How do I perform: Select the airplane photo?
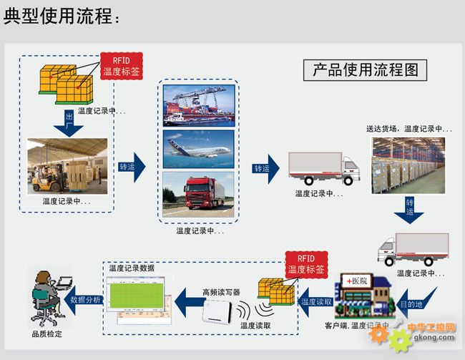pos(198,149)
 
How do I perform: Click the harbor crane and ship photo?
pos(198,106)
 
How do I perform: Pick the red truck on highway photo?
pos(198,194)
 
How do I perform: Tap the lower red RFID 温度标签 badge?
pos(305,264)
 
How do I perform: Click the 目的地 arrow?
pos(414,301)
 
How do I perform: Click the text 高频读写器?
pos(221,292)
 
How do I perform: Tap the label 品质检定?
pos(46,334)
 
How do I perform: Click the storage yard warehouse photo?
pos(407,165)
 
